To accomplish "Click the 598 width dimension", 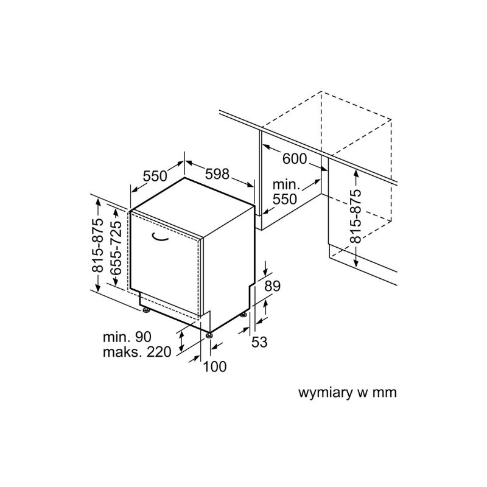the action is tap(217, 174).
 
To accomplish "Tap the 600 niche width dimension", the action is tap(295, 159).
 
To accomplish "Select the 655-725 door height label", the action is tap(116, 248).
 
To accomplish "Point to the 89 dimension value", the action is tap(272, 286).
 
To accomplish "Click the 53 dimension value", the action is tap(259, 342).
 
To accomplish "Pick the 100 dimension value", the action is tap(215, 366).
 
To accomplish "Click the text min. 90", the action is tap(127, 337).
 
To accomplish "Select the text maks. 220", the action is tap(137, 352).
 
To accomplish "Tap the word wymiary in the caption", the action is tap(326, 393).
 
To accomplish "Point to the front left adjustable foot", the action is tap(145, 310).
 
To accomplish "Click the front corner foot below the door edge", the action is tap(209, 335).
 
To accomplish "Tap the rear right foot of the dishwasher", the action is tap(243, 315).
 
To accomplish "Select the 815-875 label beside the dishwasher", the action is tap(97, 245).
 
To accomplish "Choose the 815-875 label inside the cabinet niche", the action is tap(356, 216).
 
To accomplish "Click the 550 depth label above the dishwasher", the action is tap(155, 176).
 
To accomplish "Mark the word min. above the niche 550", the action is tap(286, 185).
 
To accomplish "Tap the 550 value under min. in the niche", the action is tap(285, 199).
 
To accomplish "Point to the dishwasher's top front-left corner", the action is tap(130, 211).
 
